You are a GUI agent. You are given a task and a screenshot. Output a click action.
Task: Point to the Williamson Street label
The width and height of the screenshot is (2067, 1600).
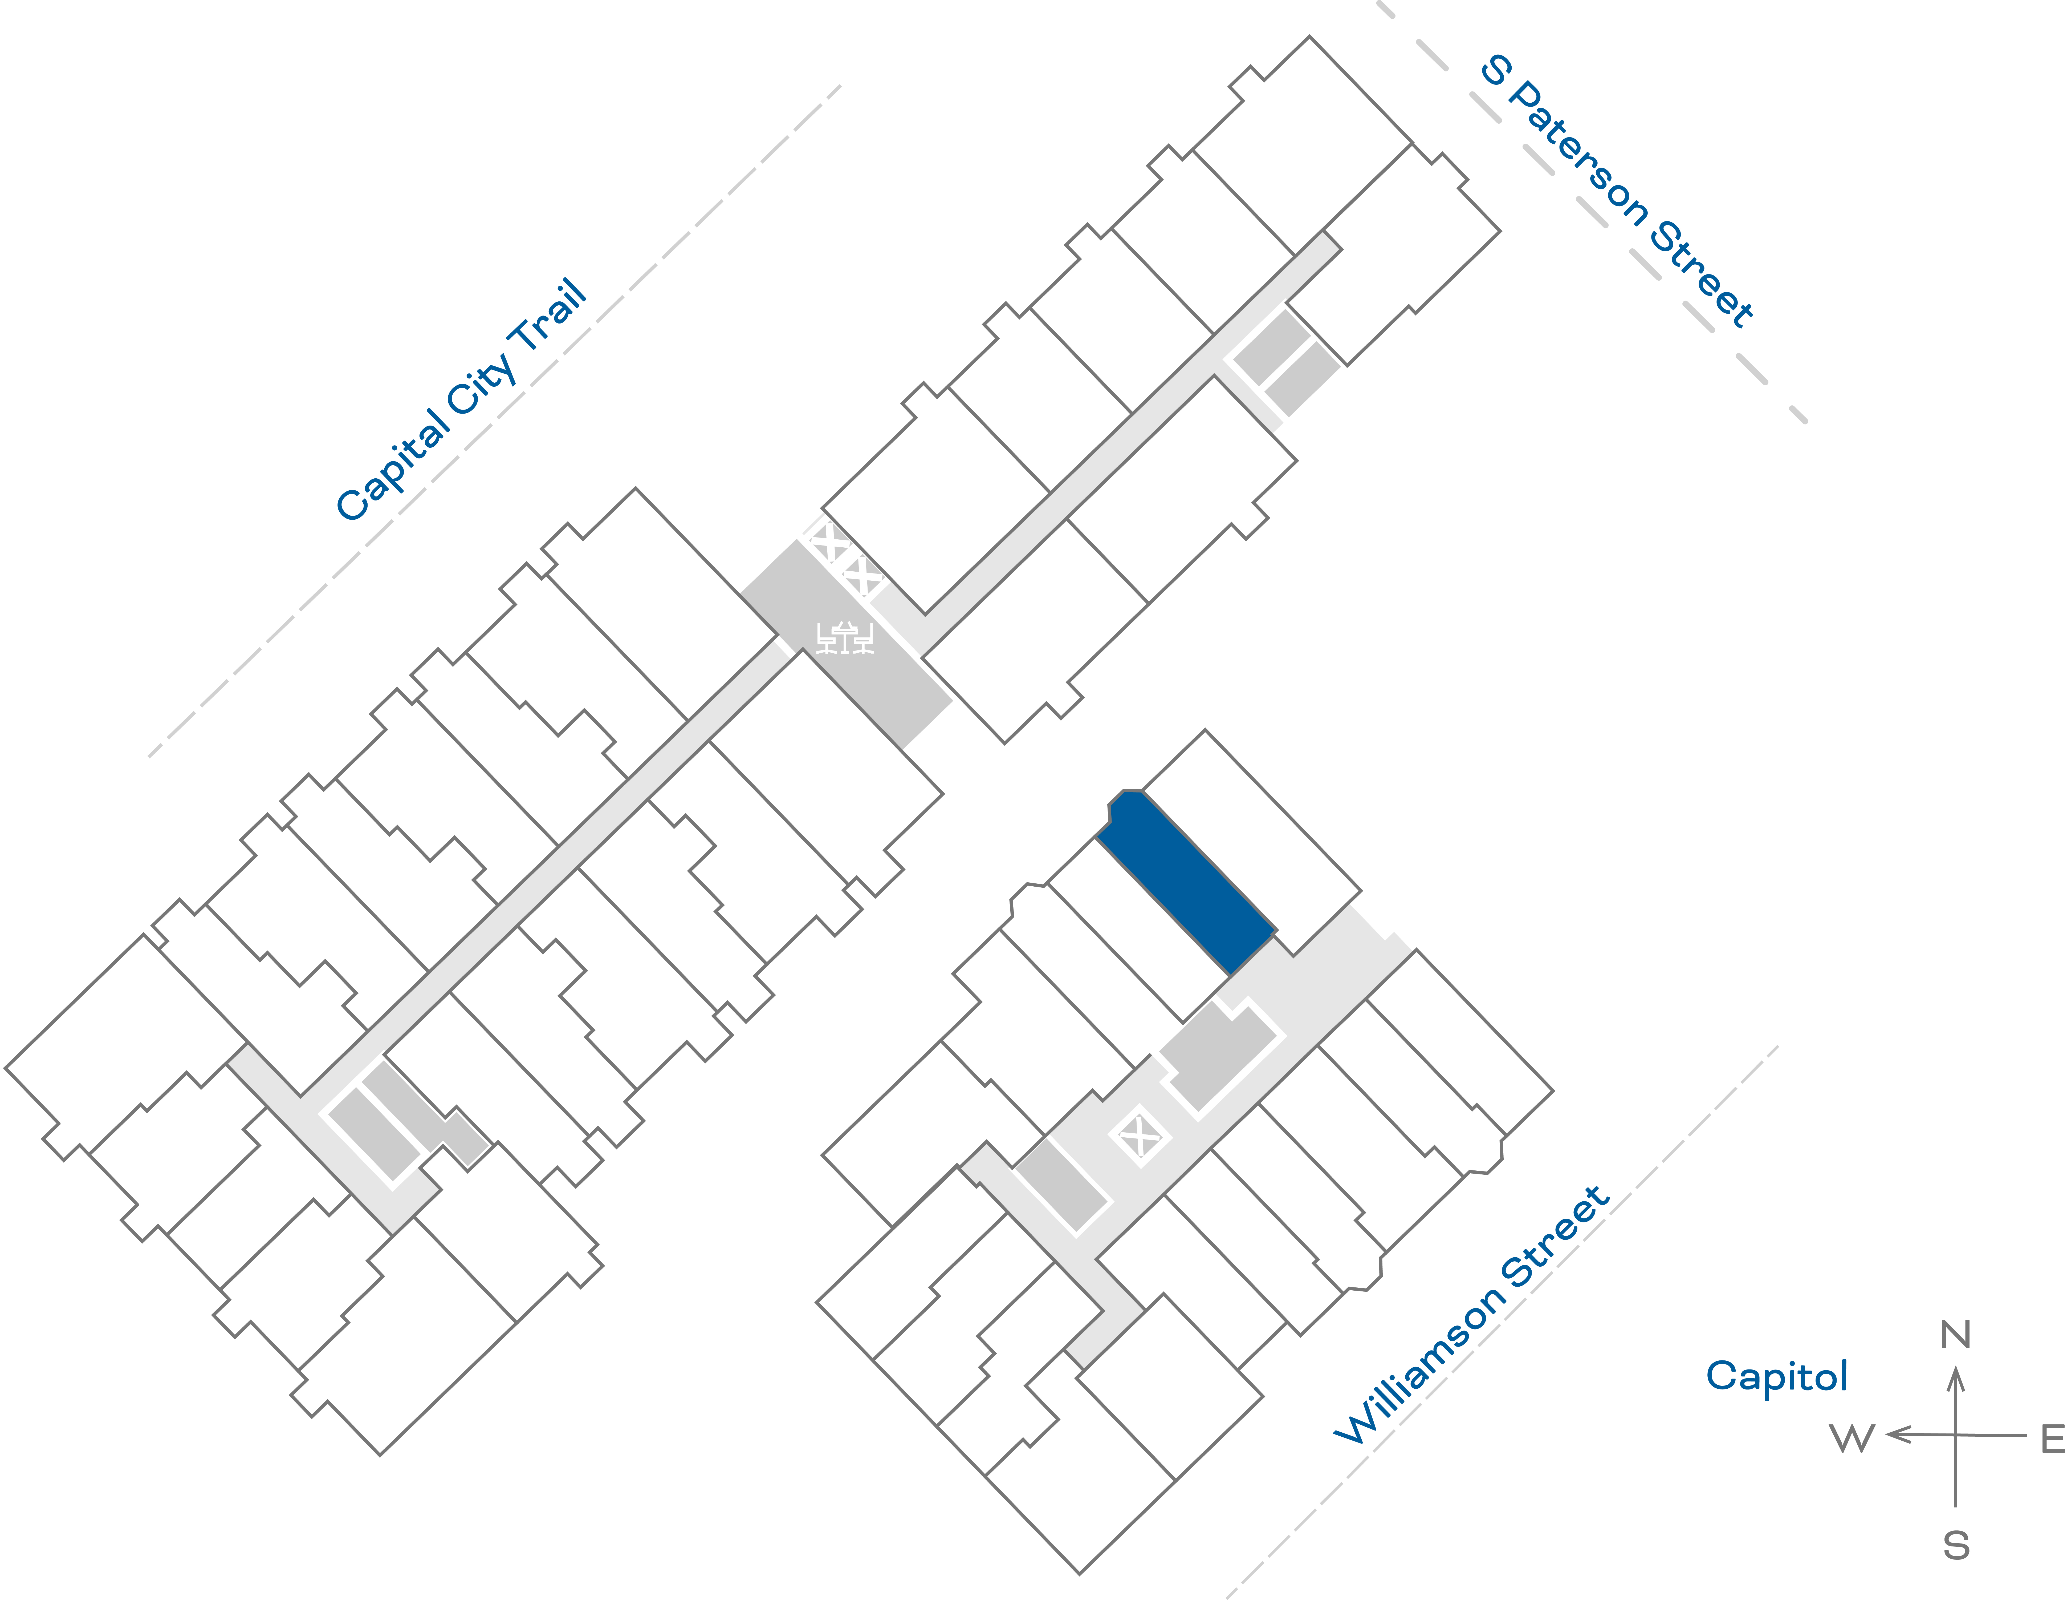coord(1472,1316)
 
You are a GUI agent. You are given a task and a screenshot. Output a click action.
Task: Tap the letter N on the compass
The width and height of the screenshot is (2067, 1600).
coord(1955,1335)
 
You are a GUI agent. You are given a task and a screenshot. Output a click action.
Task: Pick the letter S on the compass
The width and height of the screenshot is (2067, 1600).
coord(1956,1546)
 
